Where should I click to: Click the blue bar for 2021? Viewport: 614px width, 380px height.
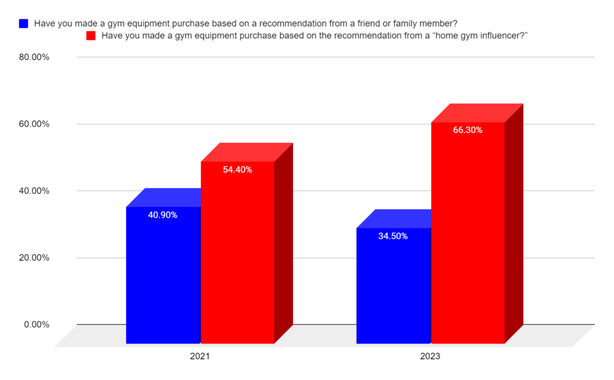163,276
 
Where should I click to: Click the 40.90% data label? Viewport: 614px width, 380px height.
162,215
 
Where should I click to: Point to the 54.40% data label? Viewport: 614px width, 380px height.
237,170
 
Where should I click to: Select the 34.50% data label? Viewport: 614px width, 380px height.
393,236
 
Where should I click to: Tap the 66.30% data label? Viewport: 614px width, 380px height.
468,129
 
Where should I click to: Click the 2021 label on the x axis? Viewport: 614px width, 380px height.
200,356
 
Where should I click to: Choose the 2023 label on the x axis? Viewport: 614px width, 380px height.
430,356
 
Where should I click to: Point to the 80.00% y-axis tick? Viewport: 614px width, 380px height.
34,58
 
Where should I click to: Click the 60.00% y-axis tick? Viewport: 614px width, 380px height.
34,124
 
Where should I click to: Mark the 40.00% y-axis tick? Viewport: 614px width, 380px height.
34,191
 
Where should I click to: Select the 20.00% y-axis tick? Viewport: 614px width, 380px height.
34,258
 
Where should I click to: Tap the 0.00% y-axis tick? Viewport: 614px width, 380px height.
37,325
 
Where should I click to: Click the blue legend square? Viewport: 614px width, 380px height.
24,24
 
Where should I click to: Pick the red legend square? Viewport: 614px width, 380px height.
92,36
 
